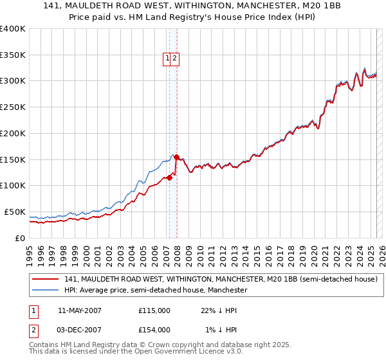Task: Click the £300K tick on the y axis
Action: tap(13, 81)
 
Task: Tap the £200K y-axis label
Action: tap(13, 133)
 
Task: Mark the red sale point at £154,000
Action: tap(176, 157)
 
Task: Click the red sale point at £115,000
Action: tap(169, 177)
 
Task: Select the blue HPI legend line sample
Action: tap(45, 291)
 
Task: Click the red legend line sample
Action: tap(45, 279)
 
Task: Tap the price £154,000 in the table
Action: tap(154, 330)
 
